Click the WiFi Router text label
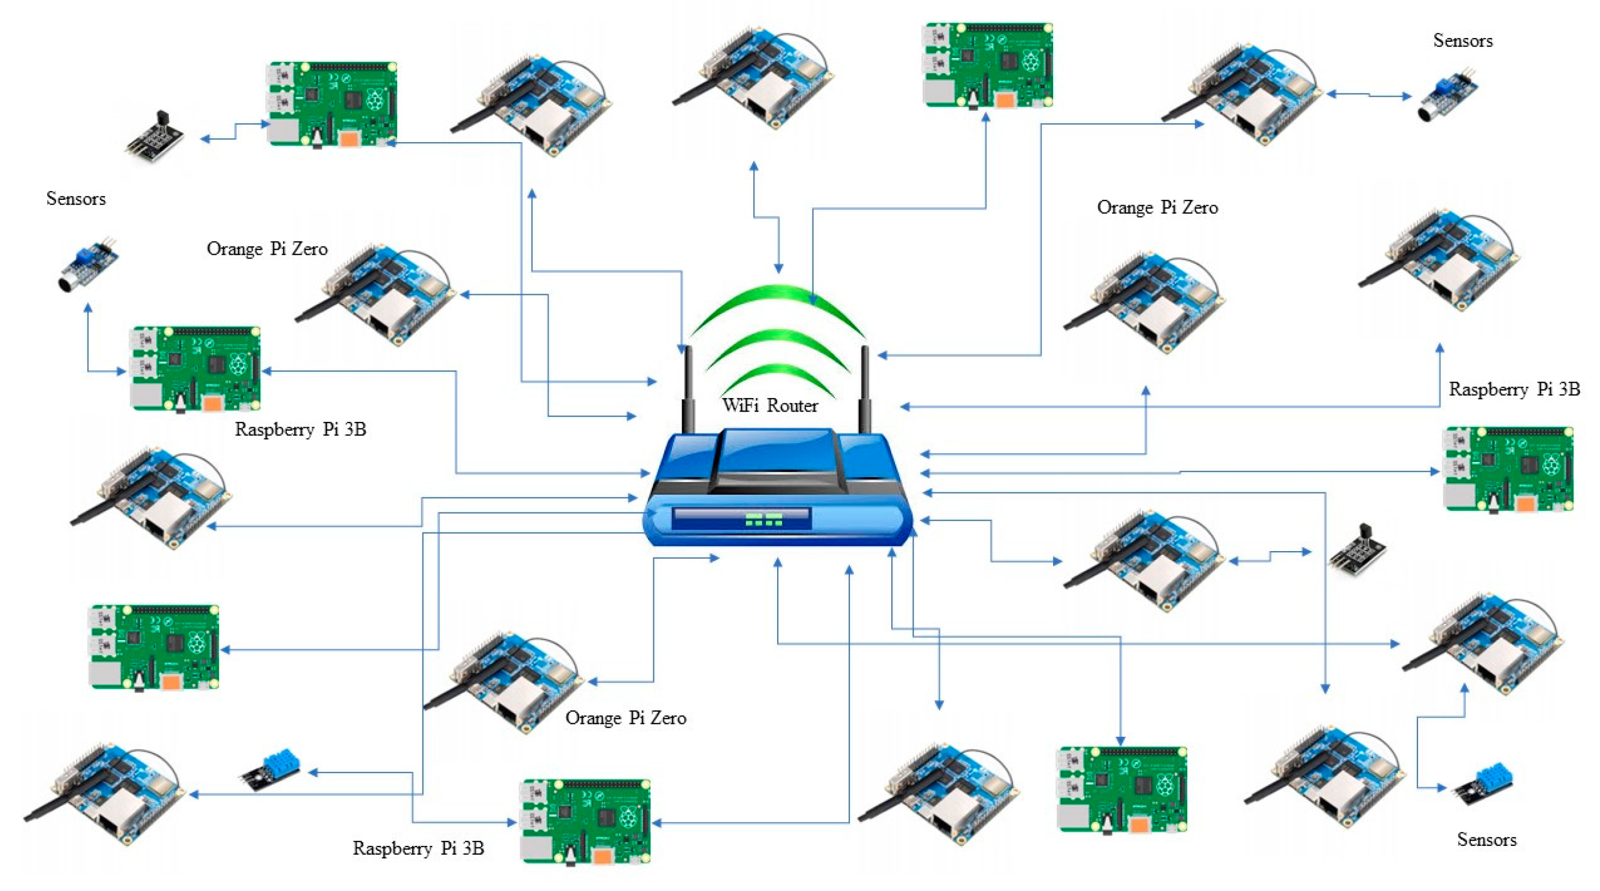[770, 406]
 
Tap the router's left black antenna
[688, 391]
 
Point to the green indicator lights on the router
[764, 519]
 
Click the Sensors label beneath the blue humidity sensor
[1486, 839]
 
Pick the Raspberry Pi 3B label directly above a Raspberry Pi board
[1514, 389]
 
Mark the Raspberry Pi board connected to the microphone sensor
[195, 368]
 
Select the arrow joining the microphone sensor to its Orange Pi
[1369, 95]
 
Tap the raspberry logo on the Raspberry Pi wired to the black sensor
[375, 99]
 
